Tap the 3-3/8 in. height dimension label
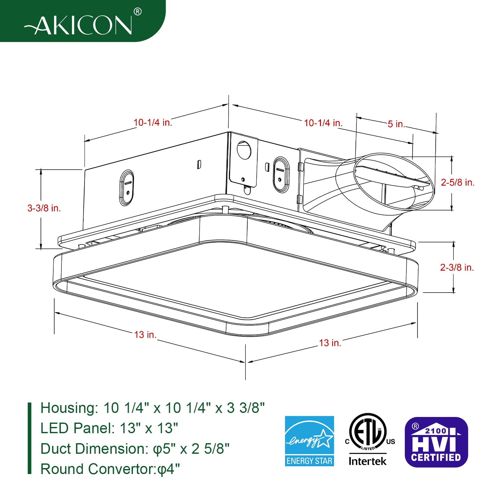(44, 208)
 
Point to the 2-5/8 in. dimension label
(458, 182)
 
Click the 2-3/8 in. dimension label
(457, 267)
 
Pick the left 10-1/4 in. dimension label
(153, 123)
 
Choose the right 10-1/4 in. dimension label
(323, 123)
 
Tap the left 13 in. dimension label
(145, 335)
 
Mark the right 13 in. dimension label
(330, 343)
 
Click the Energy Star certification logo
(309, 441)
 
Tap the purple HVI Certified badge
(436, 442)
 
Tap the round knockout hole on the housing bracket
(244, 150)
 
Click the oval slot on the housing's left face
(127, 188)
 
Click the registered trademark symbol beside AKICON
(138, 12)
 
